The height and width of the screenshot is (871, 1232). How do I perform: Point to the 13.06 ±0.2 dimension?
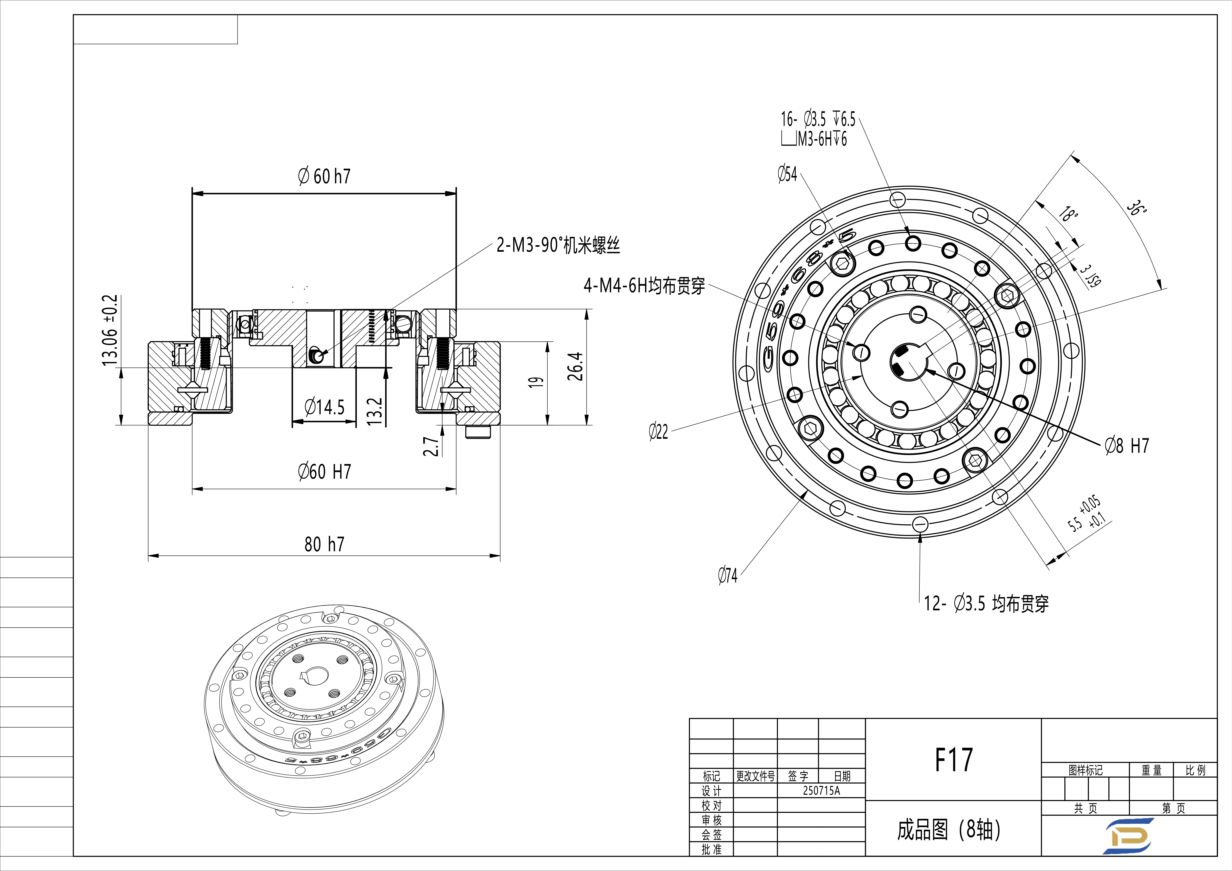tap(110, 330)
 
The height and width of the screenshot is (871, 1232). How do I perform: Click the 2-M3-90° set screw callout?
tap(558, 245)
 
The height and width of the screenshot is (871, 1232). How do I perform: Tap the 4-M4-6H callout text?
tap(644, 286)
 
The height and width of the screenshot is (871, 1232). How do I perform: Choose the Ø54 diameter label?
tap(787, 174)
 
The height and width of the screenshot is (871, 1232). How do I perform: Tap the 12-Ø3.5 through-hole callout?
tap(986, 604)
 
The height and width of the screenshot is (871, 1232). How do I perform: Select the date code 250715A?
tap(821, 790)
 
